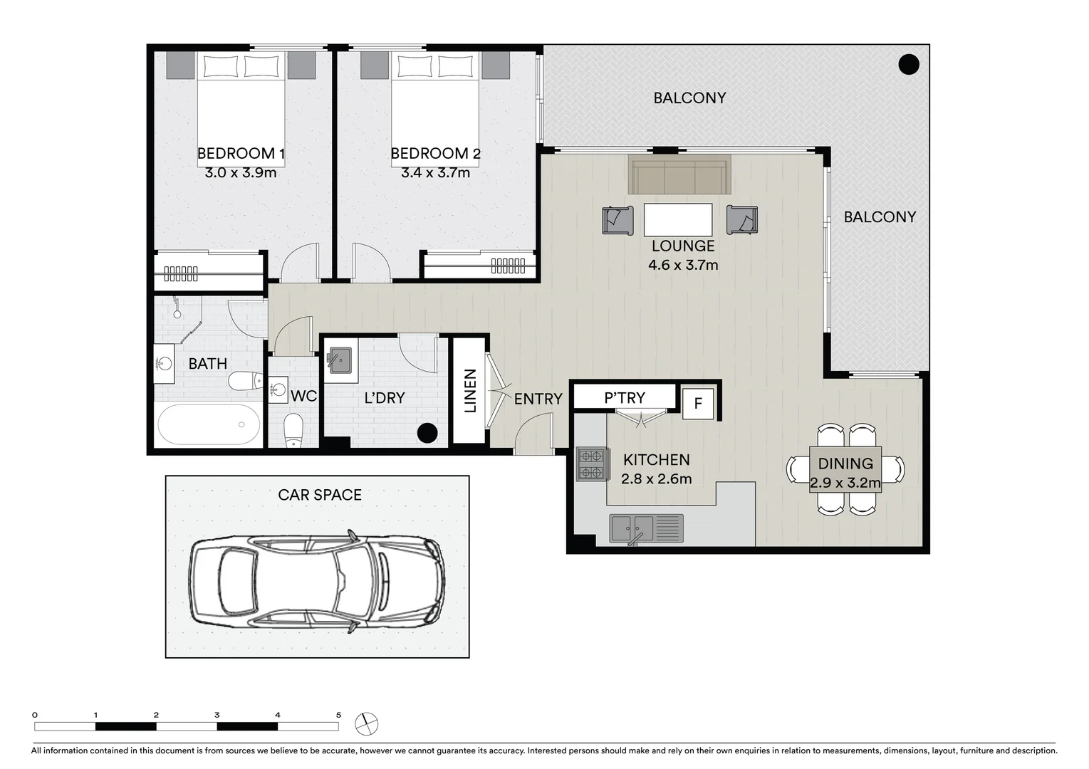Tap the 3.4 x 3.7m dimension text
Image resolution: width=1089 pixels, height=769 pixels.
[x=435, y=172]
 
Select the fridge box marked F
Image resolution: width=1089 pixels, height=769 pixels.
[x=698, y=404]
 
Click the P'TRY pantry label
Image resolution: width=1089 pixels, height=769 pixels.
[x=624, y=397]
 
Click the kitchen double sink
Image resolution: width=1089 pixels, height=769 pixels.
[x=645, y=528]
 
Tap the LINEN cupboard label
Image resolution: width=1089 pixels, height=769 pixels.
[x=470, y=390]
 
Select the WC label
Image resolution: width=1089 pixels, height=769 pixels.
[x=304, y=396]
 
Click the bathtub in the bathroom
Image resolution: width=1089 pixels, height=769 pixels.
[x=209, y=424]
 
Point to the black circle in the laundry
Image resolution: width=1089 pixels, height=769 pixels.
[x=427, y=433]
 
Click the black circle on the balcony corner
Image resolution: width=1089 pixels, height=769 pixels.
[x=908, y=65]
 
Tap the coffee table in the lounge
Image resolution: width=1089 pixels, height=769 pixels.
[x=678, y=219]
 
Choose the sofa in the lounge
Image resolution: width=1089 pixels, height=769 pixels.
[x=679, y=177]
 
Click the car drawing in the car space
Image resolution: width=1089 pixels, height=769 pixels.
[x=317, y=582]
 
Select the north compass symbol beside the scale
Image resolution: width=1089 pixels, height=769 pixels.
[x=367, y=723]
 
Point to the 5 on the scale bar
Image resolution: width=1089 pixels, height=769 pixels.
[x=338, y=715]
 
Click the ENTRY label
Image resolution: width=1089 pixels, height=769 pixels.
[x=538, y=399]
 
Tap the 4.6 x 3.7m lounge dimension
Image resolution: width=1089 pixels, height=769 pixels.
[x=682, y=265]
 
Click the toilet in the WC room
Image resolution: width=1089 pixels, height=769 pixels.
[x=293, y=429]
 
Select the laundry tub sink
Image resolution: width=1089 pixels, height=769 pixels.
[x=339, y=360]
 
